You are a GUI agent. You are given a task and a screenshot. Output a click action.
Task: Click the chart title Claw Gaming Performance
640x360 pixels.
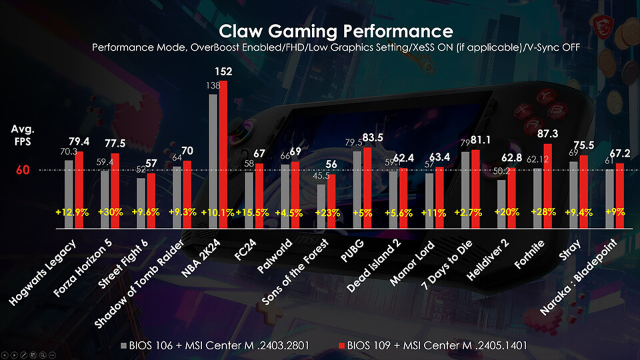point(335,31)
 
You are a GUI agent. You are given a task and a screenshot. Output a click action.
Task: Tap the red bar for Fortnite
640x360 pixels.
point(548,187)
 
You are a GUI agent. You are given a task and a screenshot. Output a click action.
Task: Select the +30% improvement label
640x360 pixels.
point(110,212)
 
